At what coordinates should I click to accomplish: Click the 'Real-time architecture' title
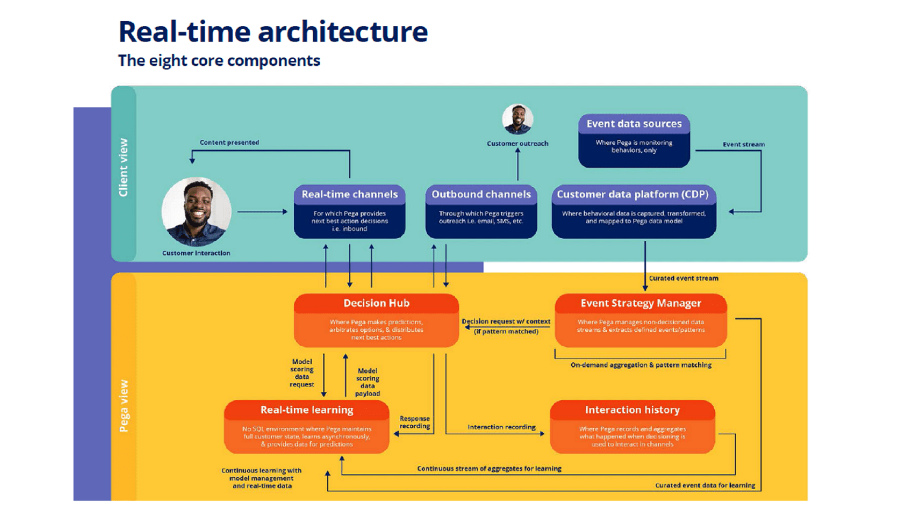pyautogui.click(x=273, y=32)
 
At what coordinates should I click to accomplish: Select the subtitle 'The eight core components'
pyautogui.click(x=219, y=61)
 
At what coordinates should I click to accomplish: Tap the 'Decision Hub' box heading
pyautogui.click(x=376, y=303)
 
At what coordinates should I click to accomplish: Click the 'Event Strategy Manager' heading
pyautogui.click(x=640, y=303)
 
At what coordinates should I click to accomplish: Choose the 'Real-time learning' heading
pyautogui.click(x=307, y=410)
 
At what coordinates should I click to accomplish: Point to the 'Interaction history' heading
pyautogui.click(x=632, y=410)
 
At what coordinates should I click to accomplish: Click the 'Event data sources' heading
pyautogui.click(x=634, y=124)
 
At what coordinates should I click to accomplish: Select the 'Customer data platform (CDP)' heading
pyautogui.click(x=632, y=195)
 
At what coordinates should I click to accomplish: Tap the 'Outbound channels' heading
pyautogui.click(x=481, y=195)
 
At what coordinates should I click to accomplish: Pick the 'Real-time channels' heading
pyautogui.click(x=349, y=195)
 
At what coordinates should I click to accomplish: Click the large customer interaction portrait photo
pyautogui.click(x=196, y=212)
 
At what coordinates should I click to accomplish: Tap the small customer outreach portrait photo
pyautogui.click(x=517, y=119)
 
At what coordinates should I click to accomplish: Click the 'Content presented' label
pyautogui.click(x=229, y=143)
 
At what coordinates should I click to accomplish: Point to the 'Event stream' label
pyautogui.click(x=743, y=144)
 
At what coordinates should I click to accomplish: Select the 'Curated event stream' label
pyautogui.click(x=683, y=278)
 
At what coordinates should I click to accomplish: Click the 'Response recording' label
pyautogui.click(x=414, y=422)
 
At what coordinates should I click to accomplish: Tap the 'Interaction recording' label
pyautogui.click(x=501, y=427)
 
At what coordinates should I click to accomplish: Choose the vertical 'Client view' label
pyautogui.click(x=123, y=167)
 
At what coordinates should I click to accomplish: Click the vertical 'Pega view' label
pyautogui.click(x=124, y=405)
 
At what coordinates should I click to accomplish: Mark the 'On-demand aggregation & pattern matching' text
pyautogui.click(x=641, y=365)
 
